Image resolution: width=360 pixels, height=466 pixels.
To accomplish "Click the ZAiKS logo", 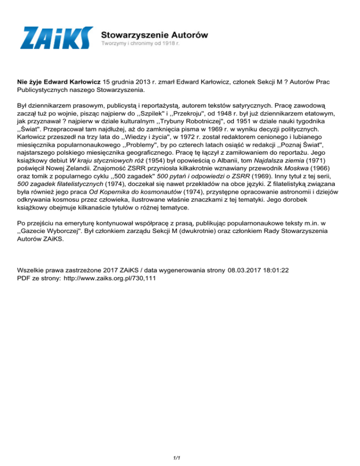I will [x=56, y=38].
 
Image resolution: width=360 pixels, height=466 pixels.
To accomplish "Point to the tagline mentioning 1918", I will [x=142, y=44].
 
